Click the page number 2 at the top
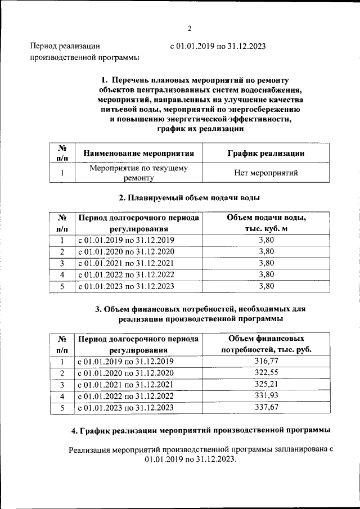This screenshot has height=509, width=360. tap(190, 29)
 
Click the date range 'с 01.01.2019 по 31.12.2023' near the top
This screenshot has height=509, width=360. tap(218, 46)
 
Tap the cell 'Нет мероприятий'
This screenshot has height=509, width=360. tap(266, 173)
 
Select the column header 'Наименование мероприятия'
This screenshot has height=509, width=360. tap(139, 153)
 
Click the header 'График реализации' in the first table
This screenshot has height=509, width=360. tap(266, 153)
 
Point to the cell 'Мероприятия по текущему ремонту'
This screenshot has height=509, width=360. tap(139, 173)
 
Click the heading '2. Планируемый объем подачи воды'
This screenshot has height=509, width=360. tap(190, 198)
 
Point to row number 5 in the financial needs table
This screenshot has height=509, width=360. tap(62, 408)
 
